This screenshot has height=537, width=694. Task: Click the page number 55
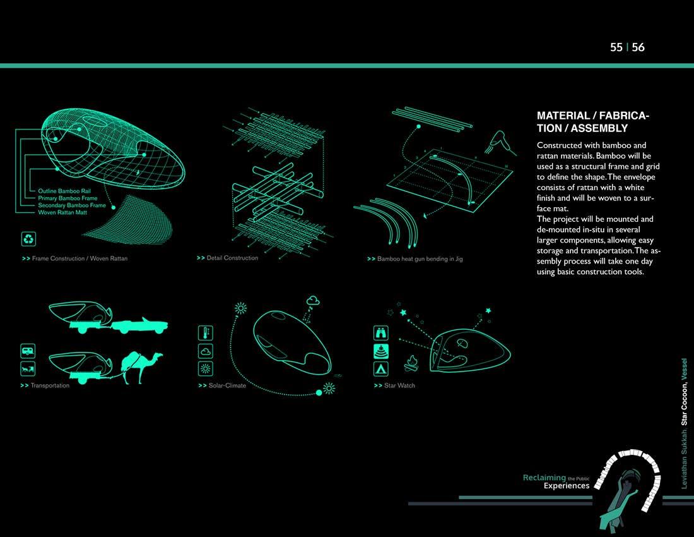point(616,47)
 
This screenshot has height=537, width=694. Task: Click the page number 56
point(638,47)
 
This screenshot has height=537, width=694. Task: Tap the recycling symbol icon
point(29,239)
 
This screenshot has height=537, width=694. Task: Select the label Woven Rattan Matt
point(63,212)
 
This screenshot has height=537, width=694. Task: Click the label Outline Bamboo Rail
point(65,190)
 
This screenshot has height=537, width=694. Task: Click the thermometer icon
point(206,333)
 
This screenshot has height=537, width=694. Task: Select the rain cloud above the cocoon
point(314,301)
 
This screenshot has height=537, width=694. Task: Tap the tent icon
point(382,368)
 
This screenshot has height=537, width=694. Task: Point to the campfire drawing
point(413,364)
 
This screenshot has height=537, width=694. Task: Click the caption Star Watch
point(399,385)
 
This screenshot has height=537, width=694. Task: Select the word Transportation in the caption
point(50,385)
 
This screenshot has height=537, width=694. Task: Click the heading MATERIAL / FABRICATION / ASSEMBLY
point(592,122)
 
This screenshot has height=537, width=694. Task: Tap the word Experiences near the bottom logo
point(566,486)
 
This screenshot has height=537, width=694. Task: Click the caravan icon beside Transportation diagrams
point(28,351)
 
